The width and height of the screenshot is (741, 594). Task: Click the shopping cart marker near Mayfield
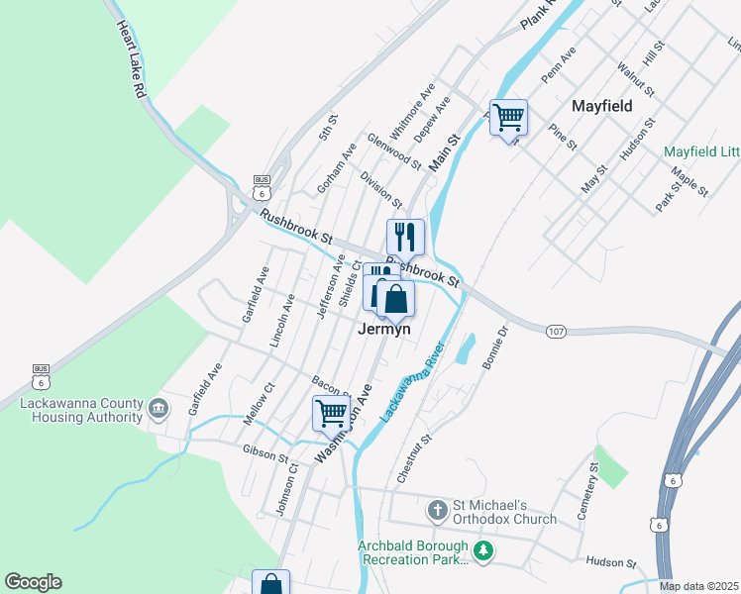pos(508,118)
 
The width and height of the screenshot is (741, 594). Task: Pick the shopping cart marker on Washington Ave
pos(332,413)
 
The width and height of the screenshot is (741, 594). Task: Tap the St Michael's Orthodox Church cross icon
pos(437,511)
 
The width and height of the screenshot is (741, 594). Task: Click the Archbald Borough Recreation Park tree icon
pos(483,550)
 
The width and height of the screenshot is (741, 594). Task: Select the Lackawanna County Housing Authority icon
pos(159,408)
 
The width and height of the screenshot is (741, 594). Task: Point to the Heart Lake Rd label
pos(131,59)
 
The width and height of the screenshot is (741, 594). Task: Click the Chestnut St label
pos(413,457)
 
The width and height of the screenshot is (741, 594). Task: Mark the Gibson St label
pos(265,453)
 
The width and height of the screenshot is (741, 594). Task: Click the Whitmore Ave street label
pos(413,111)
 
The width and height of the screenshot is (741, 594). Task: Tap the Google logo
pos(33,582)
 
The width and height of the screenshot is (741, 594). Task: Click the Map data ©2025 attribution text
pos(698,586)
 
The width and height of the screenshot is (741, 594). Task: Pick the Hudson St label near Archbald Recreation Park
pos(609,562)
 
